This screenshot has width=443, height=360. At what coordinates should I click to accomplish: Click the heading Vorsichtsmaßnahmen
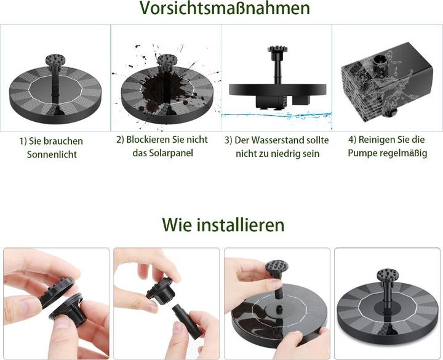coord(225,8)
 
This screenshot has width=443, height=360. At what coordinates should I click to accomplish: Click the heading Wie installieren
coord(223,225)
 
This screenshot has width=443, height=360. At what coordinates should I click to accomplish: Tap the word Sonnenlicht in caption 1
coord(52,154)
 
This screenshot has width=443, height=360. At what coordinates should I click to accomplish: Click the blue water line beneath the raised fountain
coord(276,115)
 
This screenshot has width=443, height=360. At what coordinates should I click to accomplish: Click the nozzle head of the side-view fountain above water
coord(277,49)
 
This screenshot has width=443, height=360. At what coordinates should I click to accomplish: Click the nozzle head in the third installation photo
coord(277,268)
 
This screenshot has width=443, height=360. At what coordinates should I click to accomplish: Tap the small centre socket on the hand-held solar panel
coord(280,309)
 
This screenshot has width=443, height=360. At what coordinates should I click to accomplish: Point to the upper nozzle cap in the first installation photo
coord(57,292)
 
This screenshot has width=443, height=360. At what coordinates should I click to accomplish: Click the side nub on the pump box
coord(391,113)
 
